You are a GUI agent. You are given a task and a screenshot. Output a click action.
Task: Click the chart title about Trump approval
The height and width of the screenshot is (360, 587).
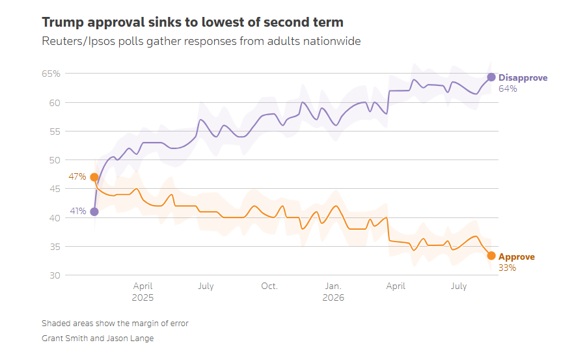[193, 23]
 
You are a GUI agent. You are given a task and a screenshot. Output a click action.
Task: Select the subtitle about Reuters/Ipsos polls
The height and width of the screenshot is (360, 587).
[201, 41]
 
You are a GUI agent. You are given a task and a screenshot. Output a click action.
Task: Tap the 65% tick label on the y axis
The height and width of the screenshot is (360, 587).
[51, 74]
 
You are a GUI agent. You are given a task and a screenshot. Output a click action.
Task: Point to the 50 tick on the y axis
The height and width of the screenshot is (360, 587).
[55, 160]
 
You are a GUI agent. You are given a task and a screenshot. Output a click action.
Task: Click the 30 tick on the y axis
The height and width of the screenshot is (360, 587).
[55, 275]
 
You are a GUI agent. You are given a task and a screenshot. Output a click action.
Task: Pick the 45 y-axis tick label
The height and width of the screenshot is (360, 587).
[55, 189]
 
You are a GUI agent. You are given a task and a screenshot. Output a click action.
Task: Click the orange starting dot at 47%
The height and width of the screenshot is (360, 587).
[94, 177]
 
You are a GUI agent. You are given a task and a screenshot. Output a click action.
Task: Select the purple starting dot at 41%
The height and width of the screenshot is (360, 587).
[94, 212]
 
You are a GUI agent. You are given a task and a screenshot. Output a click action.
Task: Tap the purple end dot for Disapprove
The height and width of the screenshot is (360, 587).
[491, 77]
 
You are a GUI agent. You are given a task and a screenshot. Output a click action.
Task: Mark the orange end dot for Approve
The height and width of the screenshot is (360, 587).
[491, 256]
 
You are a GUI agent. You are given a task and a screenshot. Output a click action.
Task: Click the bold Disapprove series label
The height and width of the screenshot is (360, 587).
[523, 78]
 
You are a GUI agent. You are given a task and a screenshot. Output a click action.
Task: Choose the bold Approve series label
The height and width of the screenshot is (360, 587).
[517, 257]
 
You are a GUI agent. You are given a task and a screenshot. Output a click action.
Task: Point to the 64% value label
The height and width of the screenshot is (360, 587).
[508, 89]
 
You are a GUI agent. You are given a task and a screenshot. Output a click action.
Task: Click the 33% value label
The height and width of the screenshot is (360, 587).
[507, 268]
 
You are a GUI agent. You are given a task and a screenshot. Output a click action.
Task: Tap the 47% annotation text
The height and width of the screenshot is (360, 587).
[77, 176]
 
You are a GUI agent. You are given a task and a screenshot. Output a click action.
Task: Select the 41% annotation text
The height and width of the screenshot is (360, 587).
[78, 211]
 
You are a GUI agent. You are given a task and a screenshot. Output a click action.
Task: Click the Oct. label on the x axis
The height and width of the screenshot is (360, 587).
[269, 286]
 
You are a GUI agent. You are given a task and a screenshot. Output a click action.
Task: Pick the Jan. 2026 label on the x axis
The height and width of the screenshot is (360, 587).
[333, 292]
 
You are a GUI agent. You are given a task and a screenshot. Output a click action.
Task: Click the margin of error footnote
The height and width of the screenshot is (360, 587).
[115, 324]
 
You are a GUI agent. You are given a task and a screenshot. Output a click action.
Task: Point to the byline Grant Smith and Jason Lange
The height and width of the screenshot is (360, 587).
[98, 339]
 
